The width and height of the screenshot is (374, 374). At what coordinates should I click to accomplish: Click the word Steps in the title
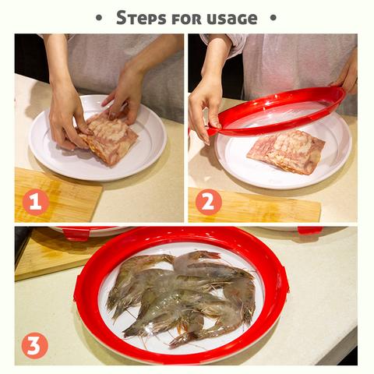point(141,18)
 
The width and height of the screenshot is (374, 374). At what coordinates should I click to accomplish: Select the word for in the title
point(186,19)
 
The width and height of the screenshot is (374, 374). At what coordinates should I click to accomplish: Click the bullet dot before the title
point(99,18)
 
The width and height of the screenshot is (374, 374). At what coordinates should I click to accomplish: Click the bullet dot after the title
point(273,18)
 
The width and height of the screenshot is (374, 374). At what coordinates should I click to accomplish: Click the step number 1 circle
point(36,202)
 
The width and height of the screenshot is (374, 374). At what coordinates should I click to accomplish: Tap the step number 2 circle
point(209,202)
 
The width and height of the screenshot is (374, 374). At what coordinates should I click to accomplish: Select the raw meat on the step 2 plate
point(286,152)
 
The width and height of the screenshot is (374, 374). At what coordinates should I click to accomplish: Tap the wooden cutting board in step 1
point(56,196)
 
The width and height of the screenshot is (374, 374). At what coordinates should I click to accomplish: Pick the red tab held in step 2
point(211,131)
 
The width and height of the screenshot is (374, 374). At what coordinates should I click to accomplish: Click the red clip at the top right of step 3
point(309,231)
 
